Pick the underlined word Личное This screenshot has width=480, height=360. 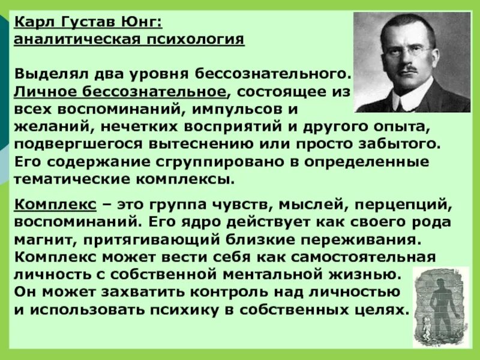click(x=43, y=92)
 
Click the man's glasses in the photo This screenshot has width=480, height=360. click(x=399, y=49)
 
